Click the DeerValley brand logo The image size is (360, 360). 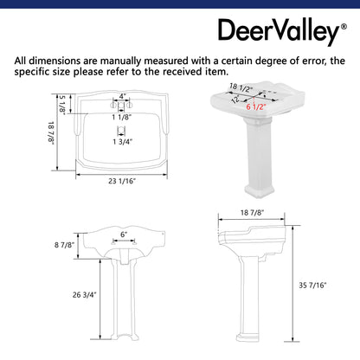[279, 31]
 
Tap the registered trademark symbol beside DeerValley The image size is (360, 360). [344, 27]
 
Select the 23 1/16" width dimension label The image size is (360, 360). [122, 181]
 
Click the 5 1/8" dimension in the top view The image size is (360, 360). [62, 104]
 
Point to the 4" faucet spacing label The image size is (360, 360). [123, 95]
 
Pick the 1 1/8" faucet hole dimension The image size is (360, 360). [122, 117]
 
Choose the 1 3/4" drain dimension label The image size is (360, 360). [122, 142]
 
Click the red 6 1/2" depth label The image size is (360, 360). [256, 107]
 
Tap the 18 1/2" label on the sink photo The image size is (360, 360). [241, 87]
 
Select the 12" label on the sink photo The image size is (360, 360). [235, 99]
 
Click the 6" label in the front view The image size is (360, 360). [124, 235]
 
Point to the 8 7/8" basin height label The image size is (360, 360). [65, 245]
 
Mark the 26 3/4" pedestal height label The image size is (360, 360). [84, 295]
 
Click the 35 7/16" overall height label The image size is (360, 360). [312, 286]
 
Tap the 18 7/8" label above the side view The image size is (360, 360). [252, 213]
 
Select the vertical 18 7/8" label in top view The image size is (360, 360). [51, 133]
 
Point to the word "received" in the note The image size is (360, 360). [183, 72]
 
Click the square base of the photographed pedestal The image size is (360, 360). [260, 191]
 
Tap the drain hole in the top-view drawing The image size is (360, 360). [121, 131]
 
